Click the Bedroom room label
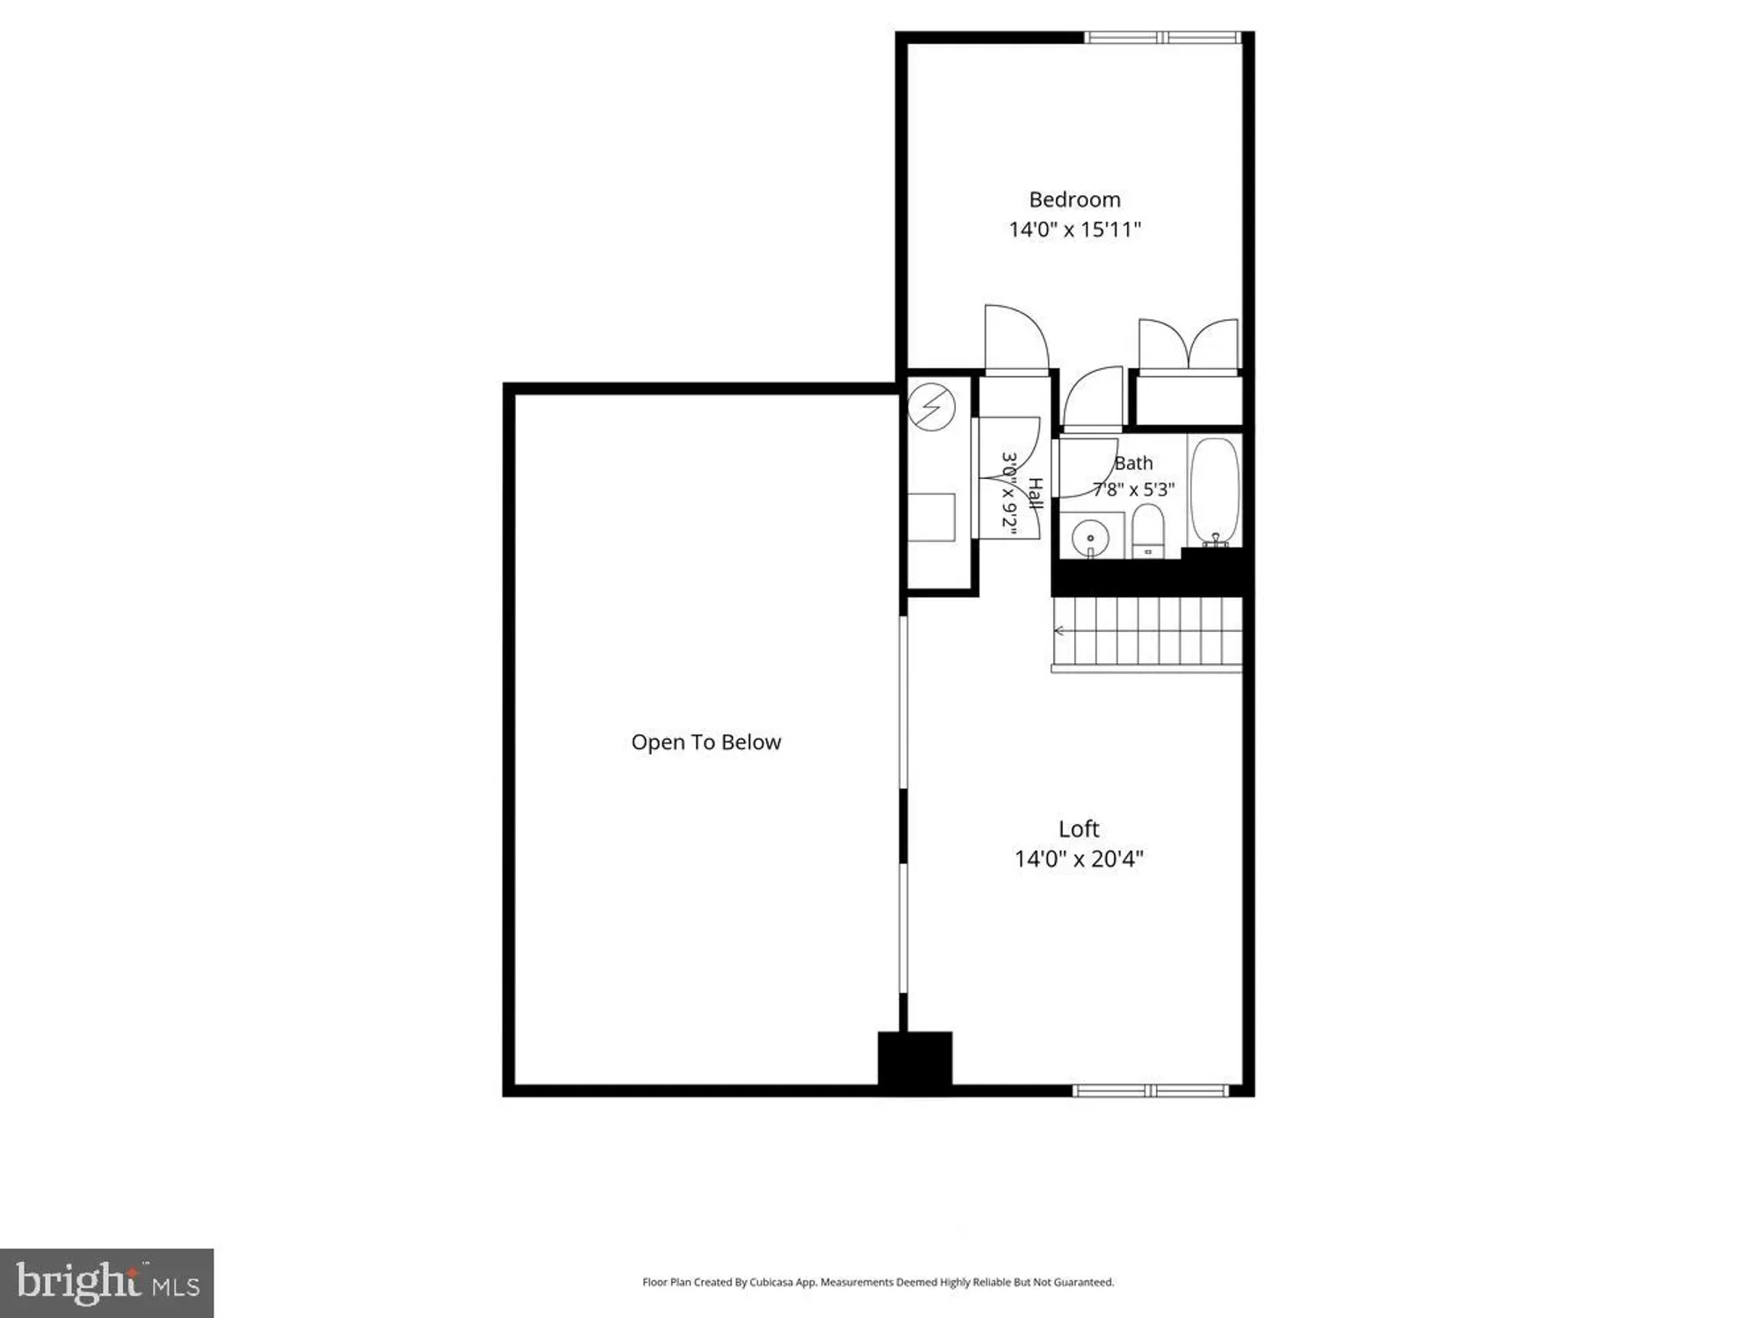click(x=1074, y=200)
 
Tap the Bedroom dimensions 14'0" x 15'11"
click(x=1074, y=230)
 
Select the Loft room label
click(x=1079, y=829)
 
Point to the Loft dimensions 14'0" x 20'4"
click(x=1079, y=858)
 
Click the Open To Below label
click(x=705, y=742)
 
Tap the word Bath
click(x=1133, y=463)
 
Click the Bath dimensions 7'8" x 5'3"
click(x=1133, y=489)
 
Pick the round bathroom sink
click(x=1090, y=537)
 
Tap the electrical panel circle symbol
click(x=931, y=407)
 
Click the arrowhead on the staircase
click(x=1059, y=631)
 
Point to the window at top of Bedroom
click(x=1162, y=38)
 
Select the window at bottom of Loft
click(x=1150, y=1090)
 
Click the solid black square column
click(x=915, y=1061)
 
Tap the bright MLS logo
click(x=107, y=1283)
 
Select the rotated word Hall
click(x=1035, y=494)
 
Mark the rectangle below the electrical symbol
click(x=931, y=518)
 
